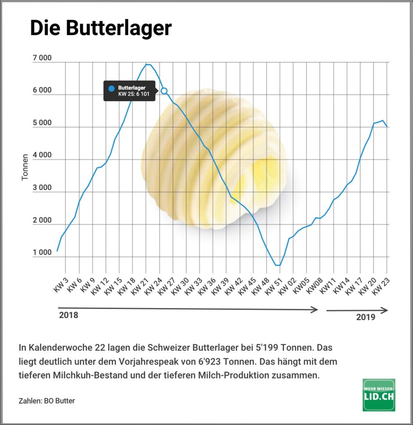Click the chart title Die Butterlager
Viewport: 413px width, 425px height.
point(101,28)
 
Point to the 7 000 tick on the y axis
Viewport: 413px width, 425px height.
point(42,58)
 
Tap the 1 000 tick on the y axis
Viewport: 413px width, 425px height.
point(42,252)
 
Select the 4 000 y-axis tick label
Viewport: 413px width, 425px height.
point(42,155)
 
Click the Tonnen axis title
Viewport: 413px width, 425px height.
point(25,167)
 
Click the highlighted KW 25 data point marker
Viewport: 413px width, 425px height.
point(164,91)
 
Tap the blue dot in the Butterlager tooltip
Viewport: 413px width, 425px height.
point(112,88)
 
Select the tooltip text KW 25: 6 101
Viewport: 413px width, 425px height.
point(134,94)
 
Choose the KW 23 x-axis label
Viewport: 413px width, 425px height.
point(381,286)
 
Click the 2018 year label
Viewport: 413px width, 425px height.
point(68,315)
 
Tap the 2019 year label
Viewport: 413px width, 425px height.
point(366,317)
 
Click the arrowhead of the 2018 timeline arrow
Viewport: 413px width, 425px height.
point(315,310)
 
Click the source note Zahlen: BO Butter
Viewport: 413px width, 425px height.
point(47,401)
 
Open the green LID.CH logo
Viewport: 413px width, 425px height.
point(379,395)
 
